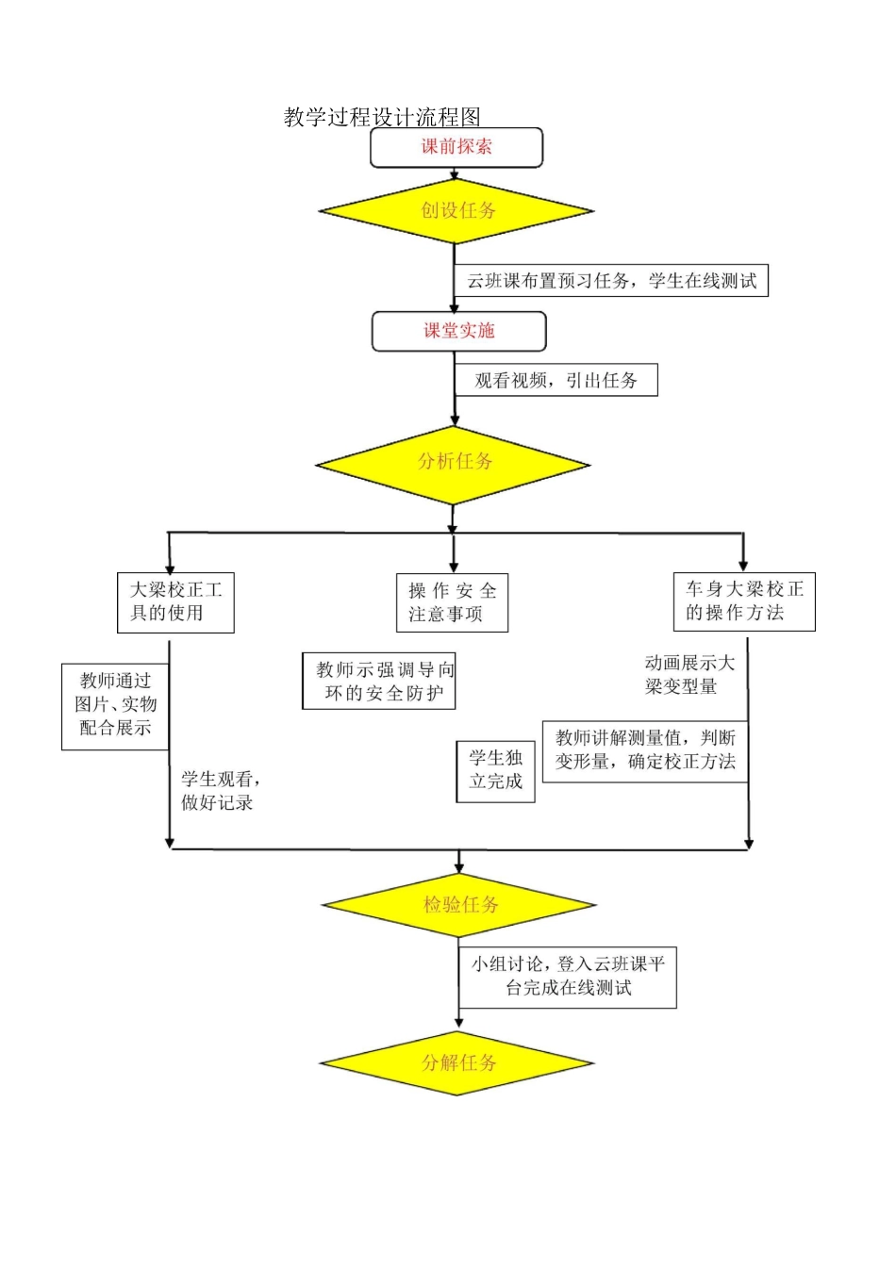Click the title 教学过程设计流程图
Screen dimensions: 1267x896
click(x=382, y=117)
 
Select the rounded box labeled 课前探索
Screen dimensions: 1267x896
click(x=456, y=147)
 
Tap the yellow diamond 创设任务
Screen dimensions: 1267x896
click(x=456, y=210)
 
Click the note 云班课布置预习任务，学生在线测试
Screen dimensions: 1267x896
click(x=612, y=281)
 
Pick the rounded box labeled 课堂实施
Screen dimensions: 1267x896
click(x=458, y=331)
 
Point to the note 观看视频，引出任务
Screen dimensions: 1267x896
click(x=556, y=381)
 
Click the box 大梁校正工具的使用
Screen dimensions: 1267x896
click(x=175, y=602)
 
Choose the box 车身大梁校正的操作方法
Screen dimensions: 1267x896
click(x=744, y=601)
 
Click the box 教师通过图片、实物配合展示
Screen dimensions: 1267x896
click(x=115, y=706)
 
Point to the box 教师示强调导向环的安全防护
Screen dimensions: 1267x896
click(x=379, y=682)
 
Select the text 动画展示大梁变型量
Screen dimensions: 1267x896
click(x=689, y=675)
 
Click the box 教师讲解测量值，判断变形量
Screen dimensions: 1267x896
click(x=645, y=751)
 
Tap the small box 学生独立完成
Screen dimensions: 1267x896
click(x=495, y=770)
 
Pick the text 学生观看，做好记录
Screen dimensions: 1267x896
click(x=220, y=791)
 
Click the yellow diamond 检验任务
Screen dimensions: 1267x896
click(x=459, y=905)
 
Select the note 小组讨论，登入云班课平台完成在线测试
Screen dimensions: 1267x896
click(x=568, y=977)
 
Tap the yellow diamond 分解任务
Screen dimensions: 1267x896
click(x=457, y=1063)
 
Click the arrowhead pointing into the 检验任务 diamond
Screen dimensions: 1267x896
click(x=459, y=866)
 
